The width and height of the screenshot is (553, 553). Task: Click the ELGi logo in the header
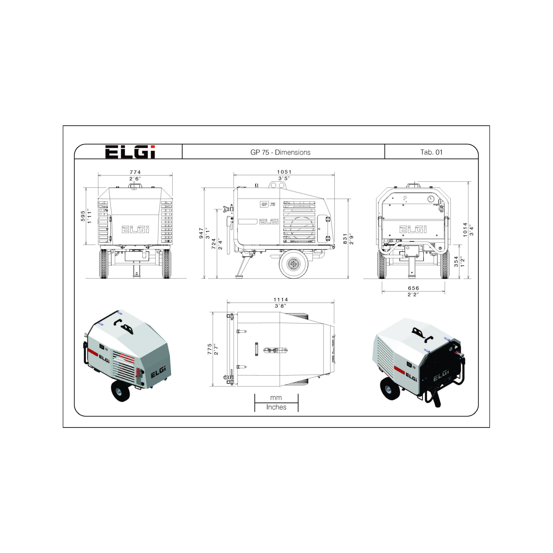130,152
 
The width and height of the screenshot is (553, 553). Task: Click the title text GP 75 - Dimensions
280,152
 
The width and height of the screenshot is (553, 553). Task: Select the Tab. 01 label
431,152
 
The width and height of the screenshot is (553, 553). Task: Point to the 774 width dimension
135,172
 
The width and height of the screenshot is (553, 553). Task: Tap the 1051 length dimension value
284,172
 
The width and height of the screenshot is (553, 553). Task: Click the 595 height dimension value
83,216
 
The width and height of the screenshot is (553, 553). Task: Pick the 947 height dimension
201,233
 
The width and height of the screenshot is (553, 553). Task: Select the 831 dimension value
345,239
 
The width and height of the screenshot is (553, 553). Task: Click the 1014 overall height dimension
465,229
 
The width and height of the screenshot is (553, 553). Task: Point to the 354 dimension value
456,262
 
